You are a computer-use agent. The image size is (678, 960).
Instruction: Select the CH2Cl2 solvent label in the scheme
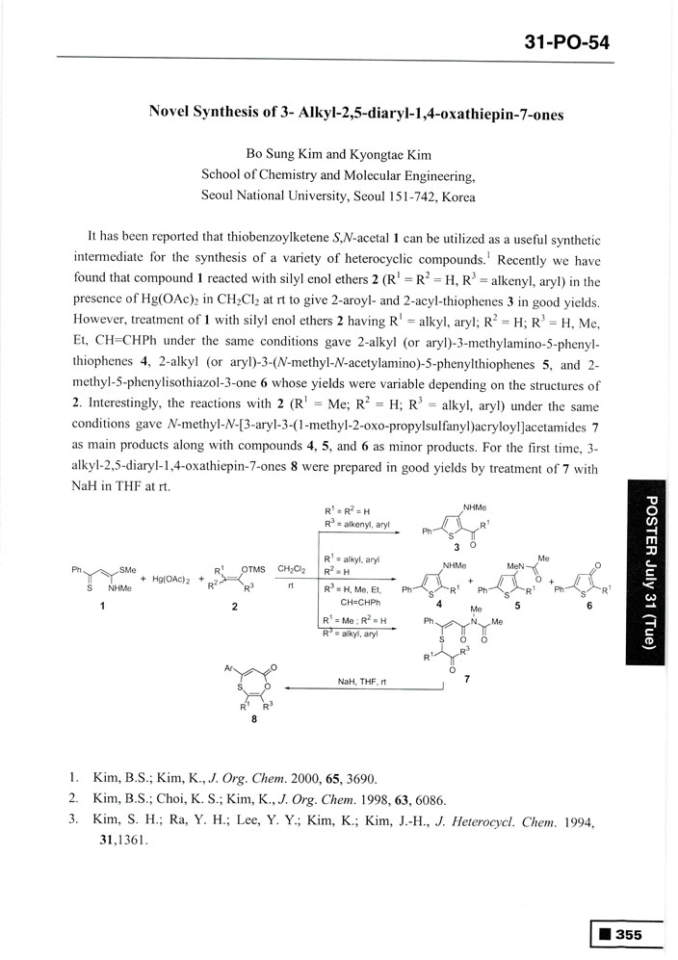click(291, 569)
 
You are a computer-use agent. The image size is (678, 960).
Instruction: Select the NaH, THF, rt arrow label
click(361, 680)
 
